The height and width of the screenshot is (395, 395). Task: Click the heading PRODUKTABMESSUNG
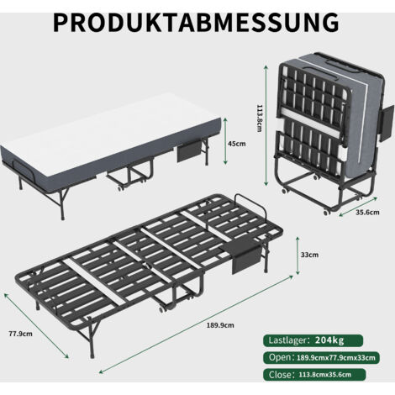[x=196, y=23]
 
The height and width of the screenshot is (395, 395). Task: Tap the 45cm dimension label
[x=237, y=144]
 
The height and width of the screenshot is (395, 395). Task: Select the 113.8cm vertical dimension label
[x=260, y=118]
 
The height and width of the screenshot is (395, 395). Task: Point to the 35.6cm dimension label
[x=367, y=212]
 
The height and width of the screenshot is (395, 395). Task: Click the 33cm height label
[x=309, y=255]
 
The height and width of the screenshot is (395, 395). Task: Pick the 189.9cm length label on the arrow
[x=220, y=325]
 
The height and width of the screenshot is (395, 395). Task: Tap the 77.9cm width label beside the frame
[x=20, y=334]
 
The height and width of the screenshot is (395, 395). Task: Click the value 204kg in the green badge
[x=329, y=340]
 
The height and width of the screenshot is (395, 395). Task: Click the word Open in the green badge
[x=280, y=357]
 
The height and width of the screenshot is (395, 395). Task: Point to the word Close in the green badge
[x=280, y=375]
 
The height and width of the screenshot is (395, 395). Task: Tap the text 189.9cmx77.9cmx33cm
[x=335, y=358]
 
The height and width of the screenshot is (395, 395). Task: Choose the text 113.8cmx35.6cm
[x=325, y=375]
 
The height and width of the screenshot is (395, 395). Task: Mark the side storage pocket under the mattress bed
[x=189, y=151]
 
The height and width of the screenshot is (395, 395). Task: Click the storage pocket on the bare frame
[x=246, y=258]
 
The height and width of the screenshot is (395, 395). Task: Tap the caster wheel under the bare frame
[x=162, y=309]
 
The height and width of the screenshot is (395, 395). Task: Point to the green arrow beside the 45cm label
[x=224, y=141]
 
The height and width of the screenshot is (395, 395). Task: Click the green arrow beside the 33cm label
[x=298, y=255]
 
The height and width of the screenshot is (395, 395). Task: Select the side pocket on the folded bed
[x=387, y=123]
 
